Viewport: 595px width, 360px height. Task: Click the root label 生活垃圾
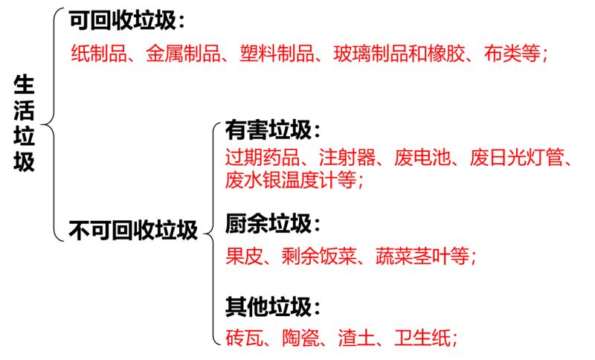tap(24, 123)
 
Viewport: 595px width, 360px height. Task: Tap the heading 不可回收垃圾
tap(133, 229)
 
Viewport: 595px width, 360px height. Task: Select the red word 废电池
tap(423, 158)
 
